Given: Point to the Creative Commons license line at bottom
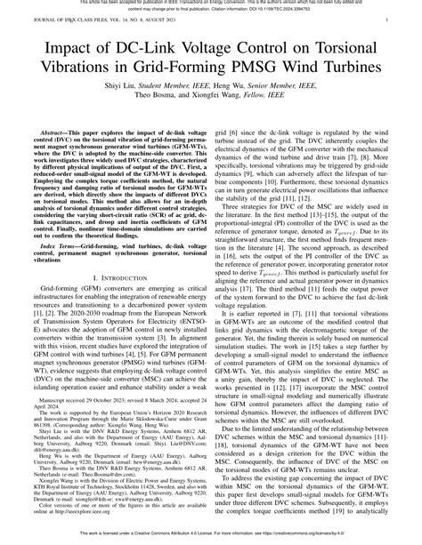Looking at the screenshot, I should [x=211, y=539].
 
